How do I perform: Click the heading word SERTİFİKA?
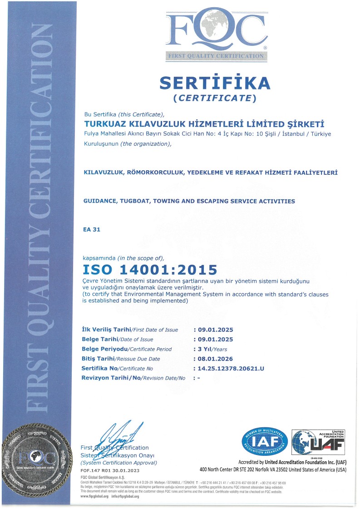(215, 83)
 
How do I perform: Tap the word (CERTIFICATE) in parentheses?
(215, 98)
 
